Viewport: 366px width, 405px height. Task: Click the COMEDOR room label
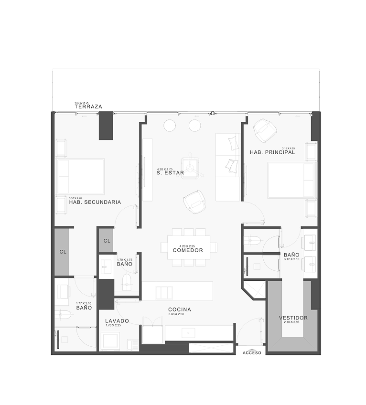tap(188, 250)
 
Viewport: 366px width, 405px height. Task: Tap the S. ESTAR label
tap(171, 174)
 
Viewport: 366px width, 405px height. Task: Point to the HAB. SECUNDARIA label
tap(95, 202)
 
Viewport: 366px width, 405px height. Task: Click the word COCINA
tap(180, 309)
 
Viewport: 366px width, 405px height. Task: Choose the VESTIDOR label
tap(293, 318)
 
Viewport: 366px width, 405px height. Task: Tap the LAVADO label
tap(117, 320)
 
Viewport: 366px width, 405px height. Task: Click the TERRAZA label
tap(89, 107)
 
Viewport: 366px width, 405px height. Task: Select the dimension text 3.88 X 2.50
tap(180, 314)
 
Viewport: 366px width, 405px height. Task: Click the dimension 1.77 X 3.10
tap(83, 303)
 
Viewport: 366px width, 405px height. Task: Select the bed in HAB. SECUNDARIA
tap(80, 177)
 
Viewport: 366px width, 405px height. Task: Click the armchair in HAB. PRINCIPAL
tap(265, 130)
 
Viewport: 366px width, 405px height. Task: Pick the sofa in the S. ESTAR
tap(228, 168)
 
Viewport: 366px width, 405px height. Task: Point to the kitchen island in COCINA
tap(177, 291)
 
